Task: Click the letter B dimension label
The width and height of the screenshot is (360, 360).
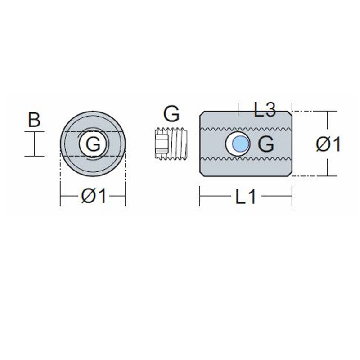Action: [x=34, y=120]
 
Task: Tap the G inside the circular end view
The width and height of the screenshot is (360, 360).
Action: [x=93, y=144]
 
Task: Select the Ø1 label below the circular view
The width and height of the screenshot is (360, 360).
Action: [x=93, y=197]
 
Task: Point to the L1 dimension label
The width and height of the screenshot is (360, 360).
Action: [x=246, y=197]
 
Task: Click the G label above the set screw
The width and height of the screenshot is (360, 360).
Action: [x=171, y=115]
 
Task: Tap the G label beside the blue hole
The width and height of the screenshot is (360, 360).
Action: [x=266, y=144]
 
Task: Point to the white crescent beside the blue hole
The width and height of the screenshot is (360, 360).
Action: [x=229, y=144]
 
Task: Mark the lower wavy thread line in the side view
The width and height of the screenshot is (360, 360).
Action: [x=246, y=160]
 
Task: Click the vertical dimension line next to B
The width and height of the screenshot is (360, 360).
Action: [x=34, y=144]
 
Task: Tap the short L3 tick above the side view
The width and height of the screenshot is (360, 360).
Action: [x=238, y=108]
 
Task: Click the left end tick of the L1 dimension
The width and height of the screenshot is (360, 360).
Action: [x=200, y=197]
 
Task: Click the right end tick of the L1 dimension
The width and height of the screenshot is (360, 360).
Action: [x=292, y=197]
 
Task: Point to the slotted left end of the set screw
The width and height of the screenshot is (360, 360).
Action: [x=157, y=144]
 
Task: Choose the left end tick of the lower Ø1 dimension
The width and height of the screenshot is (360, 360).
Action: [x=61, y=197]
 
